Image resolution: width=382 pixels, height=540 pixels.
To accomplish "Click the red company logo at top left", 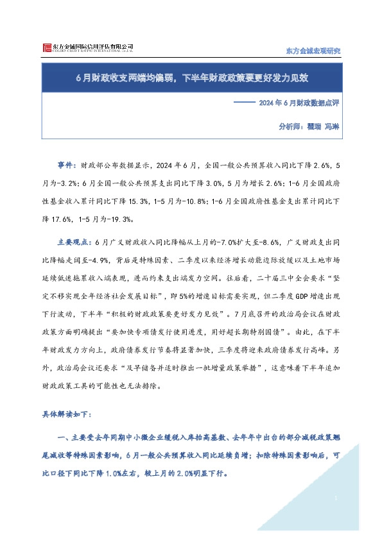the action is click(46, 48).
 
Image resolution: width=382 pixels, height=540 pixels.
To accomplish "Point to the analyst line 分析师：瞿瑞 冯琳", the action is click(308, 127).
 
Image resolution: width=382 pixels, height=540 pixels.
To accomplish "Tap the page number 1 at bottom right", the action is click(336, 498).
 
